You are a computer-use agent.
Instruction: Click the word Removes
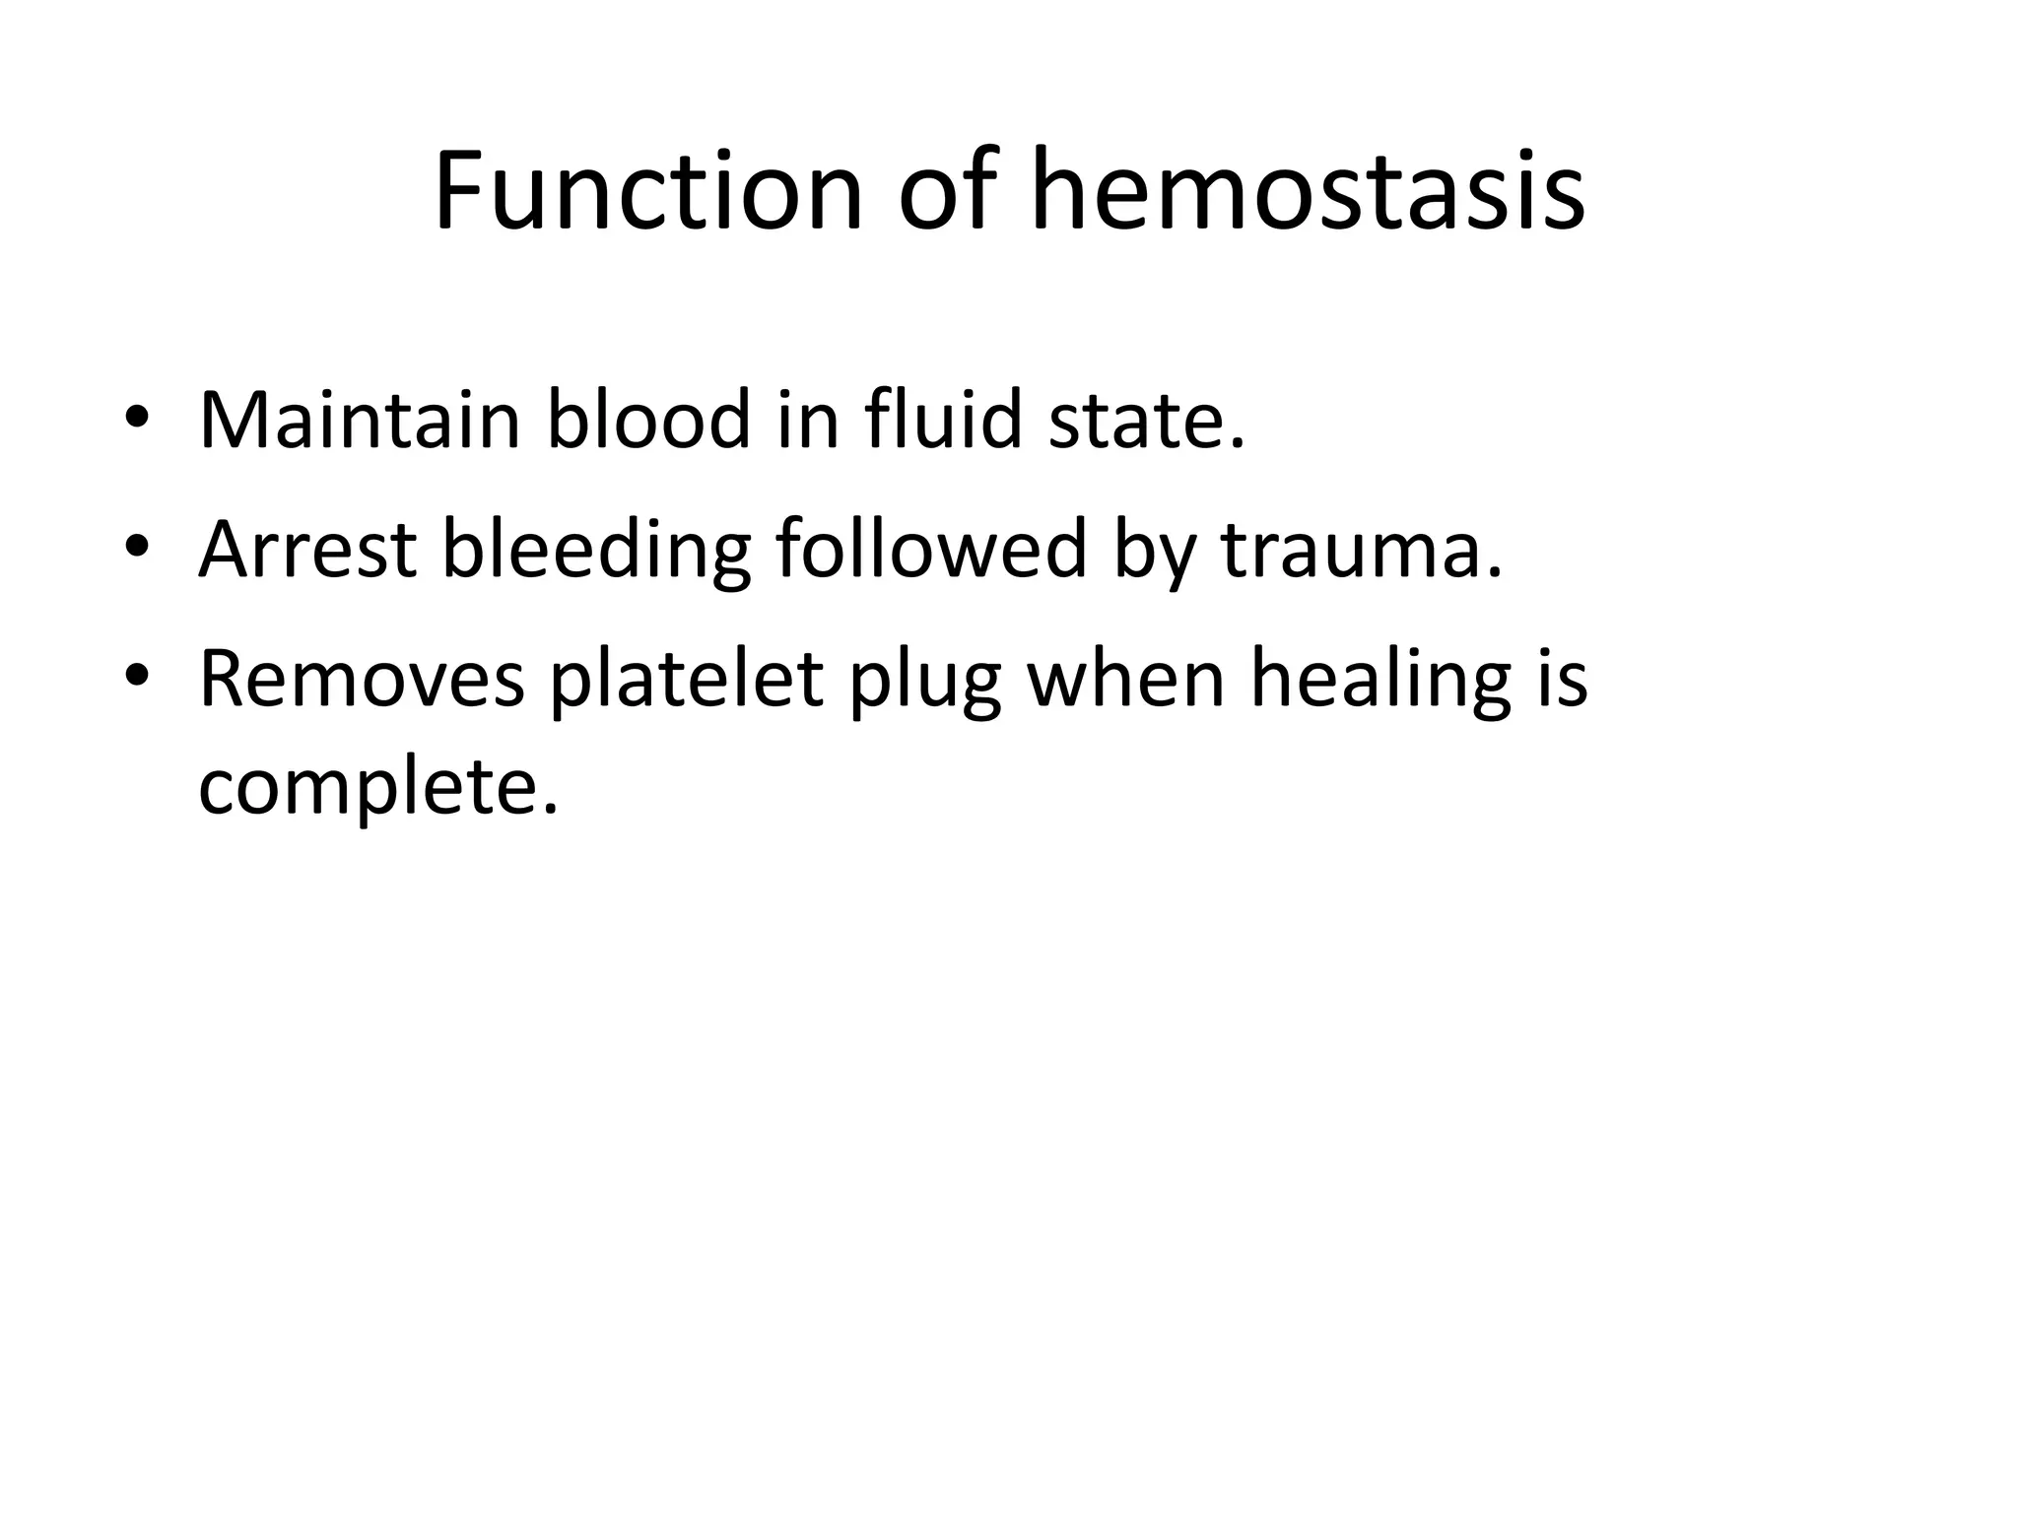[361, 680]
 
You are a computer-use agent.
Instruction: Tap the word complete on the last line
[377, 790]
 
